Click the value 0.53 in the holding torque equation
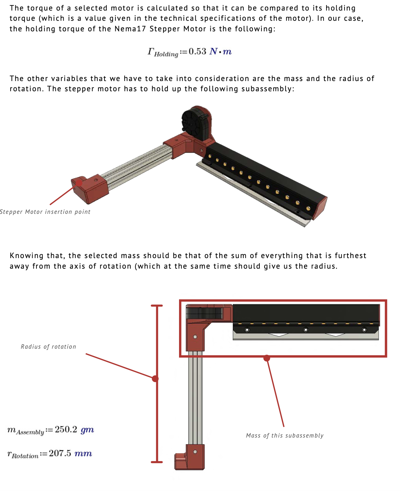[197, 51]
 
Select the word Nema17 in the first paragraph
[130, 29]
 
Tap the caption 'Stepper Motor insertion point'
[45, 212]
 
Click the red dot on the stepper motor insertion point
[79, 183]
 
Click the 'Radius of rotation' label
[48, 346]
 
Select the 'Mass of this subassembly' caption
[285, 435]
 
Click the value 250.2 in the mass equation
[66, 429]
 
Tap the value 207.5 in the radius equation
[60, 453]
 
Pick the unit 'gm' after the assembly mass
[87, 430]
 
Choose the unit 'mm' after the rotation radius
[83, 454]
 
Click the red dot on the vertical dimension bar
[155, 379]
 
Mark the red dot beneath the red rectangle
[267, 358]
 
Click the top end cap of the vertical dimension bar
[157, 305]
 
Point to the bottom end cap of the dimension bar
[157, 462]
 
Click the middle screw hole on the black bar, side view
[306, 330]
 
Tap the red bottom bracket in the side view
[190, 457]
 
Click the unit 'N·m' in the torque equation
[220, 51]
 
